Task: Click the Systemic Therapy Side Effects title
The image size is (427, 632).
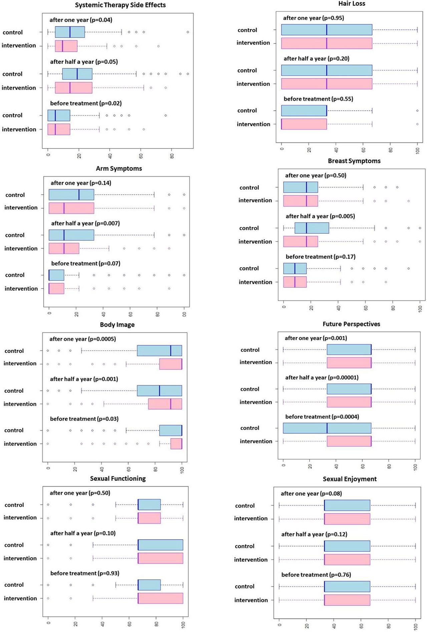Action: [x=120, y=5]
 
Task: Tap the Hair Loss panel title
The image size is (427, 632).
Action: [x=352, y=4]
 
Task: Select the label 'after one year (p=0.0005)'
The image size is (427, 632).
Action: [x=83, y=339]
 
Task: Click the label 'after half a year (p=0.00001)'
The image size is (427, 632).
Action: [x=322, y=378]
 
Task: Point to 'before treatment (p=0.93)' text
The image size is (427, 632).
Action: [x=85, y=573]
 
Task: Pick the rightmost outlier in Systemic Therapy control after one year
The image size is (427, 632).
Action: [x=188, y=32]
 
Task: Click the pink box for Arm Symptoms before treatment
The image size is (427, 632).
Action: [x=56, y=288]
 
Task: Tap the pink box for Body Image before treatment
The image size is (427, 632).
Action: [x=176, y=444]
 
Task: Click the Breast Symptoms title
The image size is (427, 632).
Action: [x=354, y=161]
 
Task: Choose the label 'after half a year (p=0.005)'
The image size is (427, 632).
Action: [x=320, y=216]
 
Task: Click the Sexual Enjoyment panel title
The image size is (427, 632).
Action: [x=350, y=479]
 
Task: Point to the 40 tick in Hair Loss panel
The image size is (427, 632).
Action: [x=336, y=150]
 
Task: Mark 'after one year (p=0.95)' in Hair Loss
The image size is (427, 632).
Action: [x=314, y=18]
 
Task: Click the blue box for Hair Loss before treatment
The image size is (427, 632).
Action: [x=304, y=110]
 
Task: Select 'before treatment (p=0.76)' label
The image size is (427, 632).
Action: [x=316, y=575]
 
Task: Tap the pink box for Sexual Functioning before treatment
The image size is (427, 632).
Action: [x=160, y=598]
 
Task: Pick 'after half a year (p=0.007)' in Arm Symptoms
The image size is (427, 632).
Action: [x=85, y=223]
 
